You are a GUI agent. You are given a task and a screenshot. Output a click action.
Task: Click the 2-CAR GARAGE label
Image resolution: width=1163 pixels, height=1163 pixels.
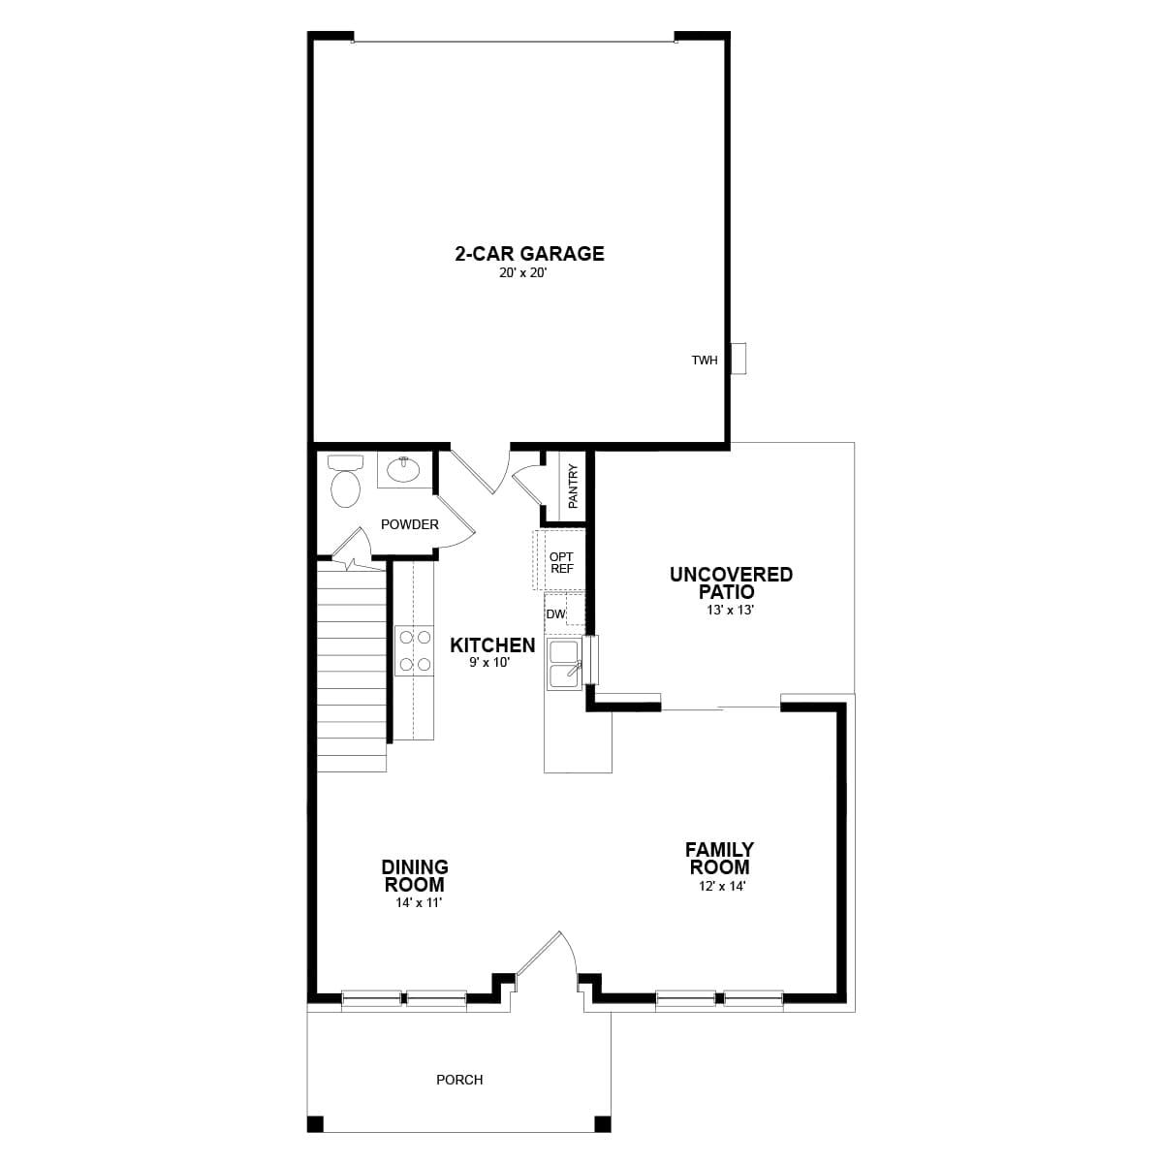coord(529,254)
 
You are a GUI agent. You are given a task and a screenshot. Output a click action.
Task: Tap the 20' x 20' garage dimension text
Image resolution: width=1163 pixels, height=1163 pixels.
coord(529,274)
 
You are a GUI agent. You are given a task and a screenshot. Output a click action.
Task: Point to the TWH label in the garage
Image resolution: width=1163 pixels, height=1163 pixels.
coord(705,361)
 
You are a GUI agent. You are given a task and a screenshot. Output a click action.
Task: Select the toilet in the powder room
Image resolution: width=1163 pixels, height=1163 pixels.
coord(345,482)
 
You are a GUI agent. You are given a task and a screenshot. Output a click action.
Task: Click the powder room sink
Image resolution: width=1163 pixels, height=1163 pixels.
coord(402,470)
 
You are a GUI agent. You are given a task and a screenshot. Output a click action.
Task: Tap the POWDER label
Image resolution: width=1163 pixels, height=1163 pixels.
coord(409,524)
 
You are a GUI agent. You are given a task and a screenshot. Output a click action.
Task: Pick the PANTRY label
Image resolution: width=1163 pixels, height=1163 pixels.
coord(573,487)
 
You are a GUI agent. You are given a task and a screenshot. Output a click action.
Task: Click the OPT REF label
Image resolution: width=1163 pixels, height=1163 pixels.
coord(561,563)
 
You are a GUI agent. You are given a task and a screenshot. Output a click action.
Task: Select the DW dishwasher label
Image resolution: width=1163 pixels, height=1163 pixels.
coord(555,614)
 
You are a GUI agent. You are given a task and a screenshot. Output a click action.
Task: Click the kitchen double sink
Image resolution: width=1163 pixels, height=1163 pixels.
coord(565,664)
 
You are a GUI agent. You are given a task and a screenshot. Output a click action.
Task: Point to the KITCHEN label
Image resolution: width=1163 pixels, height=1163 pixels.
coord(492,645)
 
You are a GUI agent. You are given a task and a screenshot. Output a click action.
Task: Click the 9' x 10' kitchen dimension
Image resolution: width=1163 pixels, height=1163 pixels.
coord(489,663)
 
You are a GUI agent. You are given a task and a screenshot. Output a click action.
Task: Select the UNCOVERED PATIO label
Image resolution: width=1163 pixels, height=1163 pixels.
coord(731,582)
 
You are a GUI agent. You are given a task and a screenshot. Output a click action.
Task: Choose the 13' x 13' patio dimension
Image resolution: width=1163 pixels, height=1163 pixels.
coord(731,611)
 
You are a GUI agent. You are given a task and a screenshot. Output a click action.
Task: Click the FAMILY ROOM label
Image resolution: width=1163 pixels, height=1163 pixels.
coord(720,859)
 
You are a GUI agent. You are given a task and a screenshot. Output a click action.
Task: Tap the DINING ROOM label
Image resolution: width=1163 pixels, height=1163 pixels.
coord(415,875)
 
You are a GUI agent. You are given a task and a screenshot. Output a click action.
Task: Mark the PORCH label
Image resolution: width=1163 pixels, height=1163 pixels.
coord(459,1080)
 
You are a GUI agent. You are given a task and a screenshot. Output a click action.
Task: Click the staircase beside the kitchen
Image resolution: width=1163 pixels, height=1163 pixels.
coord(352,669)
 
